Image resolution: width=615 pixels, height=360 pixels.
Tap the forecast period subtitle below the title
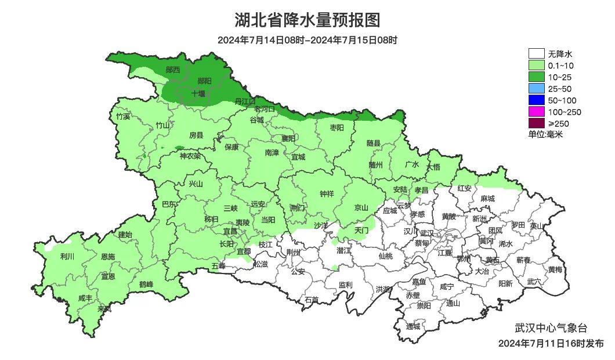pos(307,40)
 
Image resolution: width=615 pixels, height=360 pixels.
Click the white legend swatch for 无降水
pos(537,54)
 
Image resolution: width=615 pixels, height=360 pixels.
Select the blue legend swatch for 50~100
pos(537,100)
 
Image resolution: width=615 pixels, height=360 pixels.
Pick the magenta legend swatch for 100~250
pos(537,111)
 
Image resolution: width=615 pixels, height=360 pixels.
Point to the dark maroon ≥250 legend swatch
pos(537,123)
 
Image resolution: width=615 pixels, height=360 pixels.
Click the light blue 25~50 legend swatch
pos(537,88)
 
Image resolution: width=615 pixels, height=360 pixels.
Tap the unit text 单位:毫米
pos(545,134)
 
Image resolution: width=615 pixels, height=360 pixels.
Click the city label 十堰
pos(198,93)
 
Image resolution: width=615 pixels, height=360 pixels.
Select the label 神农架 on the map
pos(190,156)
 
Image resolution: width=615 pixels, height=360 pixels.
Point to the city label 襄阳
pos(288,138)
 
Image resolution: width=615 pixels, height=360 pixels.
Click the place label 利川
pos(68,256)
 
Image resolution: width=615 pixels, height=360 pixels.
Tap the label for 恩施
pos(107,256)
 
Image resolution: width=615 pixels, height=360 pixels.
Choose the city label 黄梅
pos(555,269)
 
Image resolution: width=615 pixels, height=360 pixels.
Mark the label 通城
pos(413,326)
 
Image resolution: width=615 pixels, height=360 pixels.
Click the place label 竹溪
pos(123,117)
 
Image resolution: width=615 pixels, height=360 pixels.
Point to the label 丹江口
pos(244,101)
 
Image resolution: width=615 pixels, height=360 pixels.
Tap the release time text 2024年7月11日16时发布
pos(551,343)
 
